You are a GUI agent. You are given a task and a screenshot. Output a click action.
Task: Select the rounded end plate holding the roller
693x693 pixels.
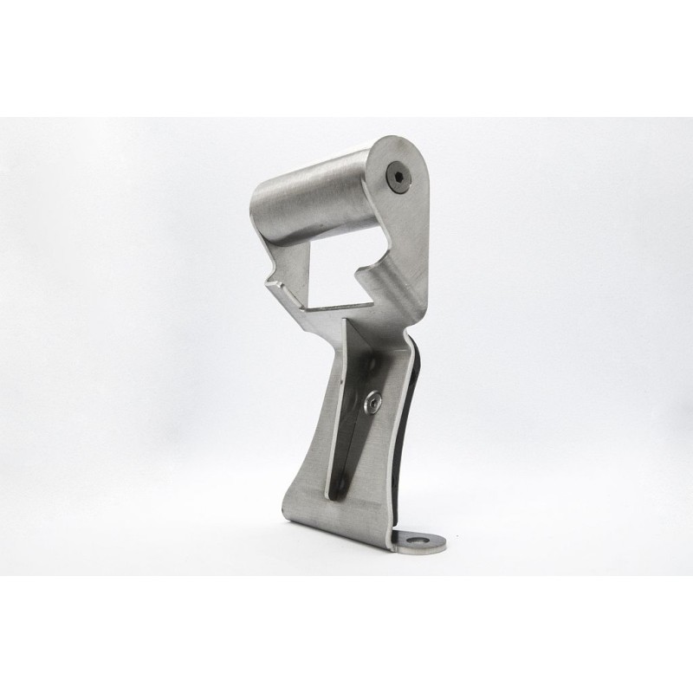(x=407, y=217)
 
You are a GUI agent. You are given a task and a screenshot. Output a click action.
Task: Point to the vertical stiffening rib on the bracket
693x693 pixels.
(x=343, y=407)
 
